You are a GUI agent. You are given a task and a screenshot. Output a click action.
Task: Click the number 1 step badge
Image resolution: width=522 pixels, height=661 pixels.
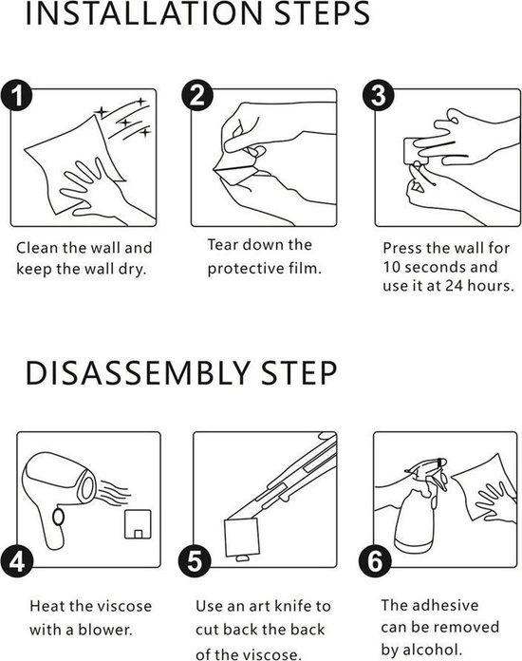(x=16, y=95)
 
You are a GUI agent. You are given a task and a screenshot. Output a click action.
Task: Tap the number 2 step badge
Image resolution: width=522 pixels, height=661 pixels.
(x=197, y=95)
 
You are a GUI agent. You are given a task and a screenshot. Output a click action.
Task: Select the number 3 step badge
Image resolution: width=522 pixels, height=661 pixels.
(x=378, y=95)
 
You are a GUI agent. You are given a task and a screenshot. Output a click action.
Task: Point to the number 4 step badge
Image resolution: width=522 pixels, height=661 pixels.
(x=17, y=561)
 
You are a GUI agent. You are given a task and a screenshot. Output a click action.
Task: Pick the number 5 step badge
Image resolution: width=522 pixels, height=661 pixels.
(x=195, y=561)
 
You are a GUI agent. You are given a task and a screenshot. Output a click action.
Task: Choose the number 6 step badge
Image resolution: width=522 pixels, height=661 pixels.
(x=375, y=561)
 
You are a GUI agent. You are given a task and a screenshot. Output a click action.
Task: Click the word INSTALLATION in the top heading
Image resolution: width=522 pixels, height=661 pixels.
(x=145, y=13)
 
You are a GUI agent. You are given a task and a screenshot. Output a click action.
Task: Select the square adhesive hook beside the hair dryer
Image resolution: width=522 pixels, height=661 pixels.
(x=138, y=524)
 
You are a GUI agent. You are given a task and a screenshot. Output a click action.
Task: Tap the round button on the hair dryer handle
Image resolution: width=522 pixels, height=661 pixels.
(x=58, y=517)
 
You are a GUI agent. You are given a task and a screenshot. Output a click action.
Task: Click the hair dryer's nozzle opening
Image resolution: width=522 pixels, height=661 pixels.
(x=87, y=488)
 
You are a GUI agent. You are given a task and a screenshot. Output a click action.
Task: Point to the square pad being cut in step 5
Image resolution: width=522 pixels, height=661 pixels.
(x=241, y=538)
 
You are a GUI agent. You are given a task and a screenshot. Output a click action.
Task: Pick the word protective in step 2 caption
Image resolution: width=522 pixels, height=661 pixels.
(x=246, y=269)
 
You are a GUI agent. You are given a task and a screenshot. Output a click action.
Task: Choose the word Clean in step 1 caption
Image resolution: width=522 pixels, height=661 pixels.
(x=37, y=248)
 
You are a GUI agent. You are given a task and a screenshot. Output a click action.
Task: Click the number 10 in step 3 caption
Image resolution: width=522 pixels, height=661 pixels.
(x=391, y=267)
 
